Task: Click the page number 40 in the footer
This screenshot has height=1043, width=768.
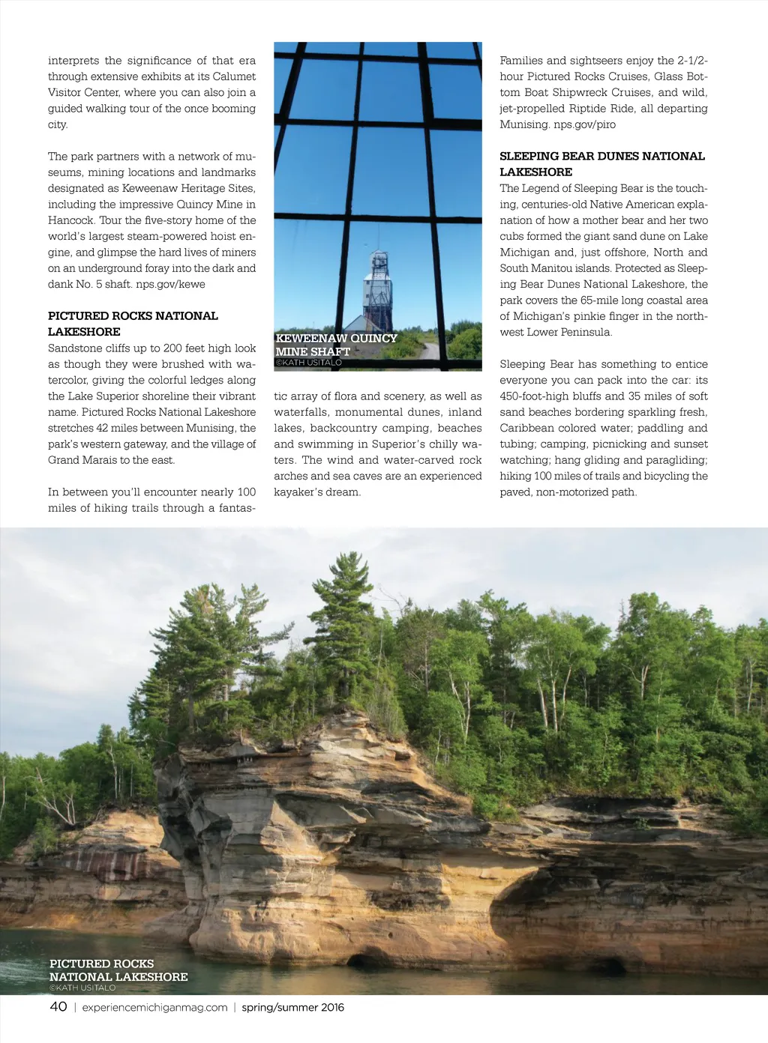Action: click(58, 1006)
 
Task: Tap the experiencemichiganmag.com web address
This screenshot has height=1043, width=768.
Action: click(154, 1007)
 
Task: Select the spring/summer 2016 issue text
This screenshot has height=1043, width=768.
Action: click(292, 1007)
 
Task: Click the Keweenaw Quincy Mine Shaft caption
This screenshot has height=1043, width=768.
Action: click(336, 345)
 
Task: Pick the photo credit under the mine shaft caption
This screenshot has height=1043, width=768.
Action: click(308, 363)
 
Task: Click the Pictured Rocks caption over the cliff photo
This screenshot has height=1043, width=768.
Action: click(118, 970)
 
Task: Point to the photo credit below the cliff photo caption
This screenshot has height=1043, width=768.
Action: click(82, 988)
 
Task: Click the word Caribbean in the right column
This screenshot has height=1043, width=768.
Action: click(532, 428)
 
